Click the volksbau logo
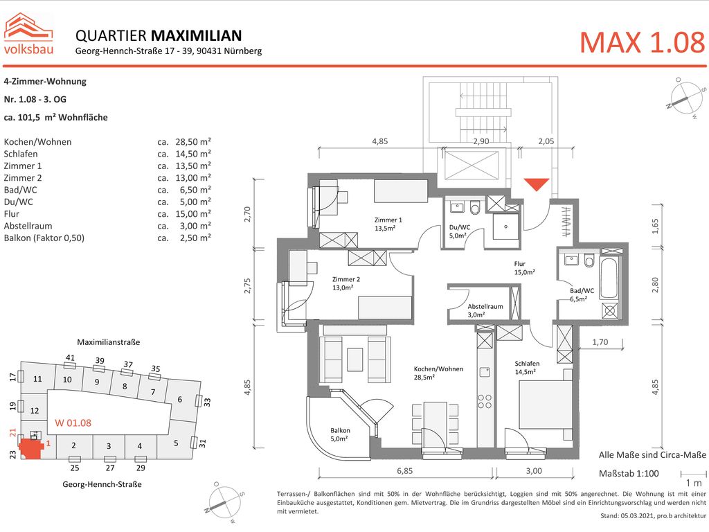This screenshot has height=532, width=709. pos(29,33)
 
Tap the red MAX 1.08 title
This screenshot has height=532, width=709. pos(641,43)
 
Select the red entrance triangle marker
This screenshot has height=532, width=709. pos(536,184)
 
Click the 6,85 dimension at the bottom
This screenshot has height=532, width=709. pos(404,470)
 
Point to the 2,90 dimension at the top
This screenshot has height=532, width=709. pos(481,141)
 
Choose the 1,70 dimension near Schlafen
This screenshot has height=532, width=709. pos(600,342)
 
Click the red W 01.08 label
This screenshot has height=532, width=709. pos(73,423)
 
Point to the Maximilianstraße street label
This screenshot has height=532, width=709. pos(108,342)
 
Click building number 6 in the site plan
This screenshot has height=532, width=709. pos(179,399)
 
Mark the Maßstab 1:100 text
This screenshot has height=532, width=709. pos(627,473)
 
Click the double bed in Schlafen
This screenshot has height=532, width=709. pos(546,402)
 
